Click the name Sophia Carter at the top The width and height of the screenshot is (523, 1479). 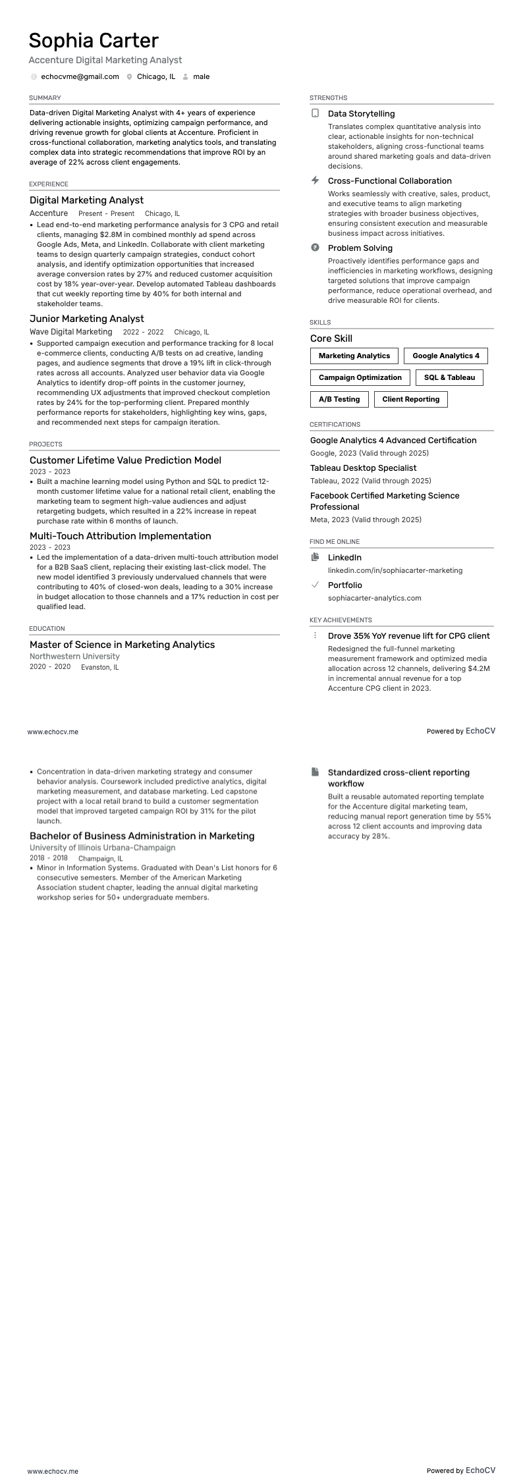94,41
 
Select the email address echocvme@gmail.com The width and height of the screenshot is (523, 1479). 80,77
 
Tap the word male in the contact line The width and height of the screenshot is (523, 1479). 201,77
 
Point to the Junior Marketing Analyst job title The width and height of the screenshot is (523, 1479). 86,319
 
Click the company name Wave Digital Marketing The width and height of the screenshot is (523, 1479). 71,333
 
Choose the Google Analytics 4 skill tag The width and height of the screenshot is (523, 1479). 445,356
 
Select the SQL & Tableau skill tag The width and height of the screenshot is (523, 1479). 449,378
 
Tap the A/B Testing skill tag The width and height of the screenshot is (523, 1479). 339,400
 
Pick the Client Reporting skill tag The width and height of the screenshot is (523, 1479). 410,400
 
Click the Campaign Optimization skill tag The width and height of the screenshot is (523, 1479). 360,378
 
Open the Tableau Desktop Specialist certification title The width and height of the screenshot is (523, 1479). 363,468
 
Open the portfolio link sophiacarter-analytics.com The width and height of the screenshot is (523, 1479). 374,599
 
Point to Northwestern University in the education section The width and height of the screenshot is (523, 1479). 74,657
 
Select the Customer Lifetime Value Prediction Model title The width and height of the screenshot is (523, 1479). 125,460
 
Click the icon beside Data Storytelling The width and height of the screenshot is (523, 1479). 315,113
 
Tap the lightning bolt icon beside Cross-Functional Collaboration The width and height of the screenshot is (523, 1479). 315,180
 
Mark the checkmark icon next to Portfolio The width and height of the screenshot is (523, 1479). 315,585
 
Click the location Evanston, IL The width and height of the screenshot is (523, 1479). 99,668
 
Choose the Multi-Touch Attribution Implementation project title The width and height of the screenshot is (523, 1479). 120,536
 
